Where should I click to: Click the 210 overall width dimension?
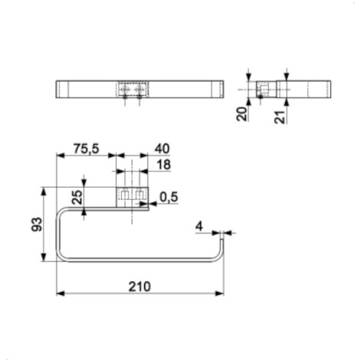(x=139, y=286)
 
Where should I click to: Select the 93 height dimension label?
(x=37, y=224)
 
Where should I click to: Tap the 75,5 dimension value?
(x=86, y=149)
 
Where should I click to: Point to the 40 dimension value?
(x=162, y=149)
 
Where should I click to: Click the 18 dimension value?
(x=164, y=165)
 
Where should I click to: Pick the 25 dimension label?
(x=77, y=198)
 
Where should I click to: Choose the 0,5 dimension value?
(x=169, y=197)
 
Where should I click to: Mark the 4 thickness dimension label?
(x=199, y=226)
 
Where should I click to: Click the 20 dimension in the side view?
(x=242, y=114)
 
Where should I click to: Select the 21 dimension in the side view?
(x=280, y=117)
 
